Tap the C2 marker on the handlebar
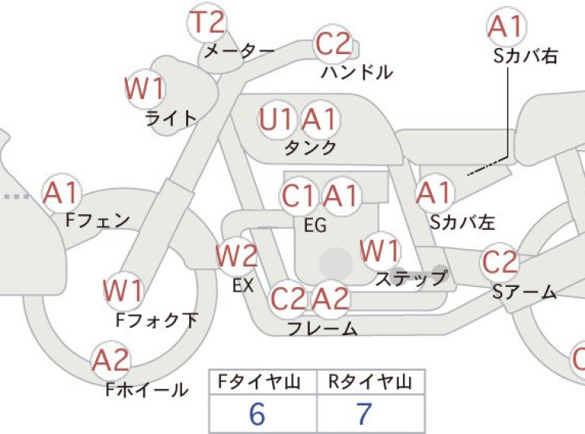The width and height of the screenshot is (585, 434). point(333,44)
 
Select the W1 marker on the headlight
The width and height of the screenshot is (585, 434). point(145,89)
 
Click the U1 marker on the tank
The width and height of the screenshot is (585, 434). point(276,120)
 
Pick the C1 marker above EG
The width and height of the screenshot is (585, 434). point(298,196)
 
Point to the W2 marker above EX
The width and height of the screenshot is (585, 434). point(236,256)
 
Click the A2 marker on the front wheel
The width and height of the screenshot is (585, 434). point(111,361)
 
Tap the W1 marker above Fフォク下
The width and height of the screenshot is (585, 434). point(123,291)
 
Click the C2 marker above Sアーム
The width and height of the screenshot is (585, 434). point(500,262)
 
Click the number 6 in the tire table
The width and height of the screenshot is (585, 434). point(257,414)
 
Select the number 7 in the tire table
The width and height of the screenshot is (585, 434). point(363,414)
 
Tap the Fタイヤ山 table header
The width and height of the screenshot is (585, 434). point(260,382)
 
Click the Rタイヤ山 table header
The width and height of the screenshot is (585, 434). point(370,382)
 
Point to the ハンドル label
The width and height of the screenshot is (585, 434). point(357,72)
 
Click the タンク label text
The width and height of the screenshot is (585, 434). point(311,148)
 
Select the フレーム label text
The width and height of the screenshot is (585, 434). point(322,328)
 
